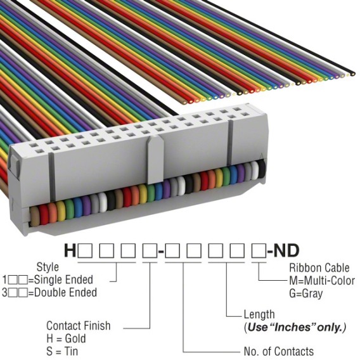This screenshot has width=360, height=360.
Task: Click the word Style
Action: click(48, 267)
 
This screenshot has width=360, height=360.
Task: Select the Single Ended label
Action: click(63, 280)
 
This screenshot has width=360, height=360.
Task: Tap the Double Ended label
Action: click(65, 293)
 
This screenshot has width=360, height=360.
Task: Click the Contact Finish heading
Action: click(79, 326)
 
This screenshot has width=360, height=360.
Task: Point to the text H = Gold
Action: click(66, 338)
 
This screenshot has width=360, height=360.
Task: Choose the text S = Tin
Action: click(62, 351)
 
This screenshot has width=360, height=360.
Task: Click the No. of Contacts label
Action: click(279, 351)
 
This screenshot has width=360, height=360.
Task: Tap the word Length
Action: click(259, 314)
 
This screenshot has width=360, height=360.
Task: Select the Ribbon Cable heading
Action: click(319, 267)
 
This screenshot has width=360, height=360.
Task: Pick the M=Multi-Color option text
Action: click(322, 281)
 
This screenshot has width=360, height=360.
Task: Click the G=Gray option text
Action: click(306, 293)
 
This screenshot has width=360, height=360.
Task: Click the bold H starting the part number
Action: click(70, 250)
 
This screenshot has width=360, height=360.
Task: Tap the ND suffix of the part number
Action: click(286, 250)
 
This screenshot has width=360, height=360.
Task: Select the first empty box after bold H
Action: click(85, 250)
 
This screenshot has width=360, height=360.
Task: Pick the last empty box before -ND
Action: click(259, 250)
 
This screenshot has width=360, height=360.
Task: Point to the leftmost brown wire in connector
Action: click(34, 216)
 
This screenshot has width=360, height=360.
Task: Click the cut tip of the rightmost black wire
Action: click(352, 74)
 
